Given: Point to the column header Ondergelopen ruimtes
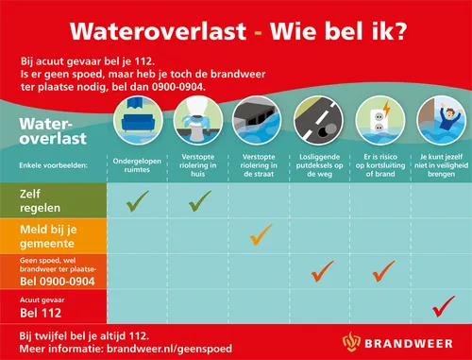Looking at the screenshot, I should click(138, 163).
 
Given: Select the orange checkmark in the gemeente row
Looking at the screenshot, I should click(261, 233).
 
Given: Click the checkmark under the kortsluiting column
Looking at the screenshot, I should click(383, 271).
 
